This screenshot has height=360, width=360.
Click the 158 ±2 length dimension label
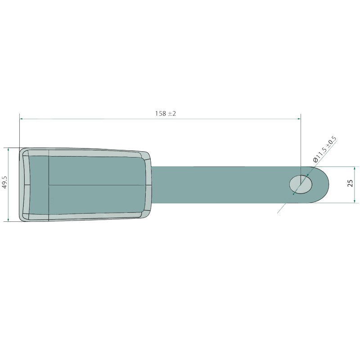tap(166, 113)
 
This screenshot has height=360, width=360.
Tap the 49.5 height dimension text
tap(5, 182)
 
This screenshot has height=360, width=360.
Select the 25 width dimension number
tap(351, 183)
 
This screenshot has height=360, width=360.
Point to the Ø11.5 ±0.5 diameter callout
tap(324, 149)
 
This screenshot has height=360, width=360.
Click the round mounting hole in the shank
tap(301, 184)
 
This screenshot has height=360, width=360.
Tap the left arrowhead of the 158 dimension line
tap(21, 119)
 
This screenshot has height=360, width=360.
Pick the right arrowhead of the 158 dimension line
tap(299, 119)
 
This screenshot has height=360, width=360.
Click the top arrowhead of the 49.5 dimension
tap(8, 149)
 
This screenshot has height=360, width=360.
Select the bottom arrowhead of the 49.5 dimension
tap(8, 220)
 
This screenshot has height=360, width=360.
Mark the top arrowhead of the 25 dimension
tap(355, 168)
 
